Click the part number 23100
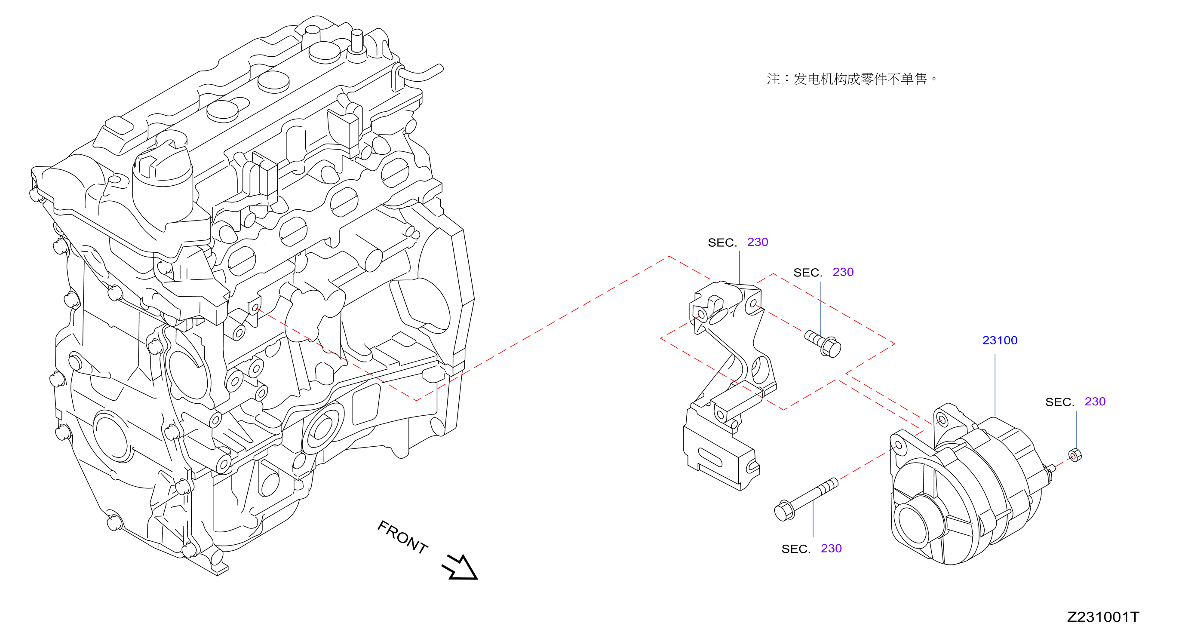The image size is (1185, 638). pyautogui.click(x=1000, y=340)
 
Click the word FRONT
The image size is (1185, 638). pyautogui.click(x=402, y=537)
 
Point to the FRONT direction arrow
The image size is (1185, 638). pyautogui.click(x=460, y=567)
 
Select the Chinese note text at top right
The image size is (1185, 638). pyautogui.click(x=851, y=79)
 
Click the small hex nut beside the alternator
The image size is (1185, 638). pyautogui.click(x=1074, y=455)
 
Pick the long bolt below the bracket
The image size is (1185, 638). pyautogui.click(x=806, y=499)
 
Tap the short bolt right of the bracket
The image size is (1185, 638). pyautogui.click(x=823, y=343)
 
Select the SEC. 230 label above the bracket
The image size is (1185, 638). pyautogui.click(x=738, y=242)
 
